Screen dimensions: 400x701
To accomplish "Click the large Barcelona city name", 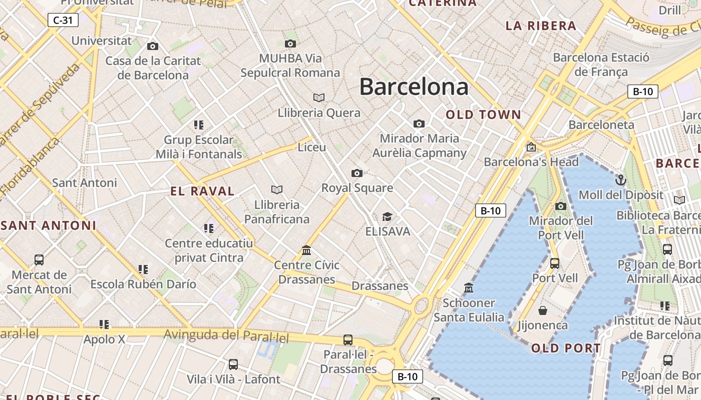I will pyautogui.click(x=414, y=87).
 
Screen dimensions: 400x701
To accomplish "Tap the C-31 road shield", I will pyautogui.click(x=63, y=20).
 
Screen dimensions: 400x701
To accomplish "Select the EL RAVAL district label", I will pyautogui.click(x=202, y=191).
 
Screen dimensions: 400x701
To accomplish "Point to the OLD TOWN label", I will pyautogui.click(x=484, y=114).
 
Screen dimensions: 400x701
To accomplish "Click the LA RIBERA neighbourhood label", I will pyautogui.click(x=541, y=26).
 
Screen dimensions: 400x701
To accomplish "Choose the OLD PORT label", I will pyautogui.click(x=566, y=348).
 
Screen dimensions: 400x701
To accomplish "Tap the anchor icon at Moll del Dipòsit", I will pyautogui.click(x=621, y=179).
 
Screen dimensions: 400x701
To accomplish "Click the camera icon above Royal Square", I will pyautogui.click(x=357, y=173).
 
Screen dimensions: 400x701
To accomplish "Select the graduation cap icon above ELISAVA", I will pyautogui.click(x=387, y=216).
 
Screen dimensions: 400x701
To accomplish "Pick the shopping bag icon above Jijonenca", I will pyautogui.click(x=543, y=310).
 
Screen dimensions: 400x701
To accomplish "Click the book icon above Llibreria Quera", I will pyautogui.click(x=319, y=97).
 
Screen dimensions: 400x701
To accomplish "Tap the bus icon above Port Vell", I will pyautogui.click(x=555, y=263).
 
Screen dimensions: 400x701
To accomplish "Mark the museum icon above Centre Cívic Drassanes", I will pyautogui.click(x=306, y=250).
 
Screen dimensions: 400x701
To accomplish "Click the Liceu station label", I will pyautogui.click(x=311, y=147).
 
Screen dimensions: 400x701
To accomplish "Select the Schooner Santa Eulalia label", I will pyautogui.click(x=469, y=310).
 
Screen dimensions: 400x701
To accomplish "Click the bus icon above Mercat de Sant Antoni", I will pyautogui.click(x=39, y=259).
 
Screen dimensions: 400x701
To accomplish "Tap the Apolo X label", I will pyautogui.click(x=105, y=339).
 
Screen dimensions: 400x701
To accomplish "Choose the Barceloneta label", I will pyautogui.click(x=601, y=124).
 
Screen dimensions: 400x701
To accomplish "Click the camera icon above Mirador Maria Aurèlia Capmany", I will pyautogui.click(x=419, y=123).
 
